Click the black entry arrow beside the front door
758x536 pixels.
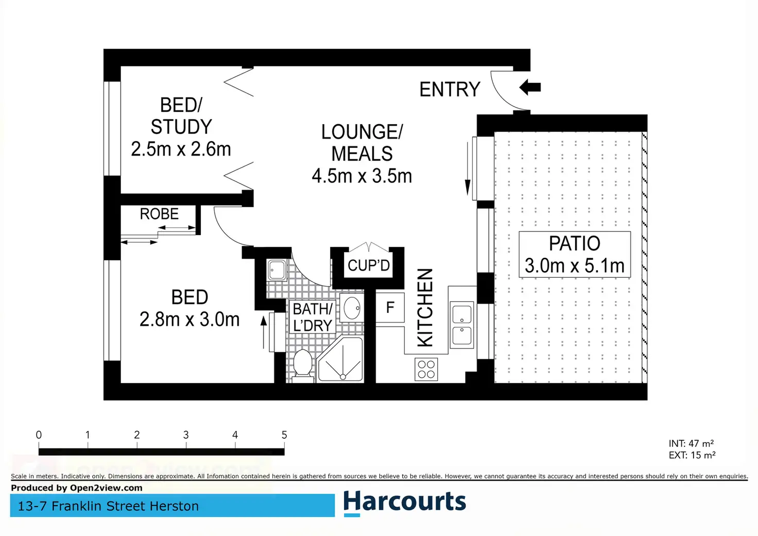[x=530, y=87]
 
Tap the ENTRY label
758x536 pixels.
[x=450, y=90]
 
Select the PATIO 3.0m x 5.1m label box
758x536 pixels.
[x=574, y=255]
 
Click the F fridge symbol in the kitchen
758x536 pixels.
[x=390, y=308]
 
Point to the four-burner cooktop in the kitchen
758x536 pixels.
[x=426, y=370]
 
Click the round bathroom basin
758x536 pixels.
[x=352, y=308]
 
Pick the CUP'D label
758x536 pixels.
[x=369, y=265]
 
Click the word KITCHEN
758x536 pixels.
[x=425, y=307]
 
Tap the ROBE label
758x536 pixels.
[x=159, y=214]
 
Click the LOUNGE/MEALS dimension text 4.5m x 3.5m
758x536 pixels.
[x=362, y=176]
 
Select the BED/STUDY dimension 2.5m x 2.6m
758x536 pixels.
[x=181, y=149]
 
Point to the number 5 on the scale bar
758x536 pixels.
[x=284, y=435]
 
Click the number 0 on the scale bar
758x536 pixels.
[x=39, y=435]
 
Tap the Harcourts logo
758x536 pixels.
[x=404, y=502]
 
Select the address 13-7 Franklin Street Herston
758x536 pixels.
[x=108, y=506]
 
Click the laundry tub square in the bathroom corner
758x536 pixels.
[x=277, y=270]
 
